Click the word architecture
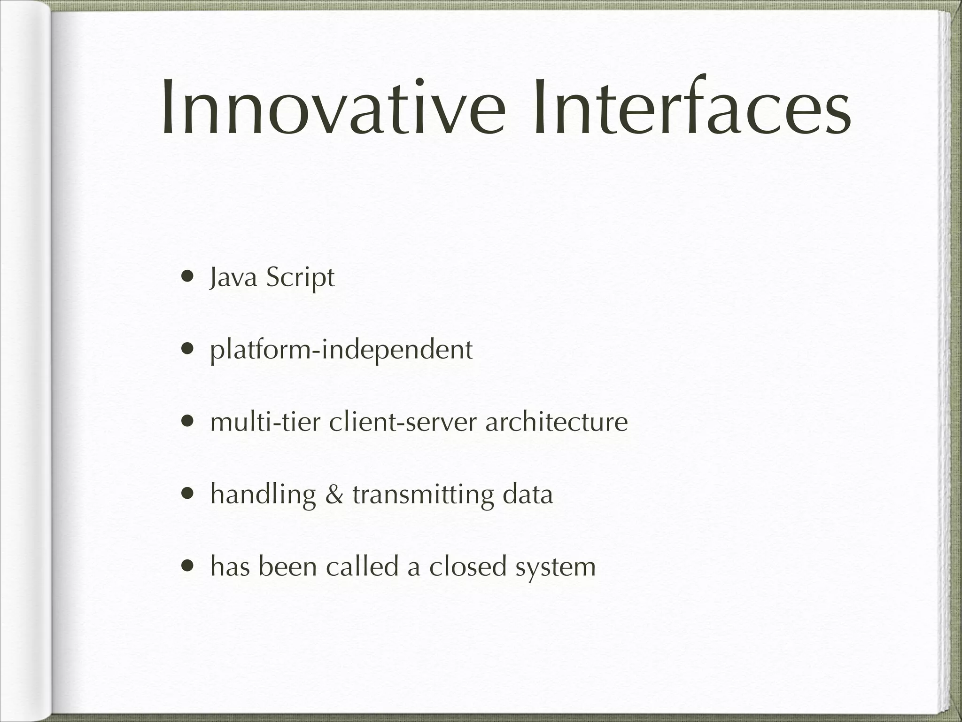point(556,422)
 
